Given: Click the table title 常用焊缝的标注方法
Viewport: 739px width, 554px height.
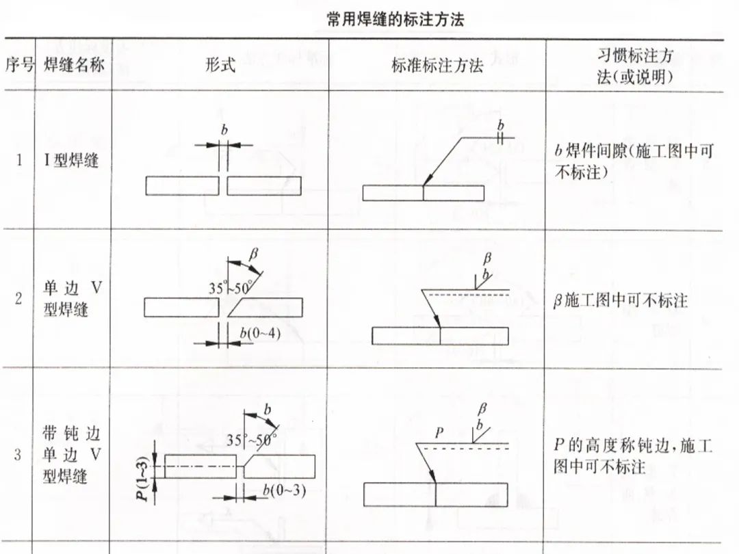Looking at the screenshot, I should coord(396,20).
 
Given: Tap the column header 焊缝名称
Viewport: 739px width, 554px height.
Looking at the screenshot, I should coord(73,65).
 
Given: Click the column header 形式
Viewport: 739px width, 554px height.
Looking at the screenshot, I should coord(220,65).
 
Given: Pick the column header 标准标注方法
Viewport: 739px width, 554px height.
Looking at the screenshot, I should coord(437,65).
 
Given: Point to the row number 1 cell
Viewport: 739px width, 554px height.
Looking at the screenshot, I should coord(19,161).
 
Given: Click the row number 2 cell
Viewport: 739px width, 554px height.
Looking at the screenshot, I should coord(19,299).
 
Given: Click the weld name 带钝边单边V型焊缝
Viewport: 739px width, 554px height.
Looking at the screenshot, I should coord(71,455).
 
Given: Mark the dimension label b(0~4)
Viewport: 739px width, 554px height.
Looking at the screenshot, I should coord(260,333).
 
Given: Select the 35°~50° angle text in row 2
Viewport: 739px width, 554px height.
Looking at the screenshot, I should coord(231,288).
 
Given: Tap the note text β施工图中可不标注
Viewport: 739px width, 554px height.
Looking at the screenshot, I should coord(620,300).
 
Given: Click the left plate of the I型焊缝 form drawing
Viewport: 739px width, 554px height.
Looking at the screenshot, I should coord(182,186).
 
